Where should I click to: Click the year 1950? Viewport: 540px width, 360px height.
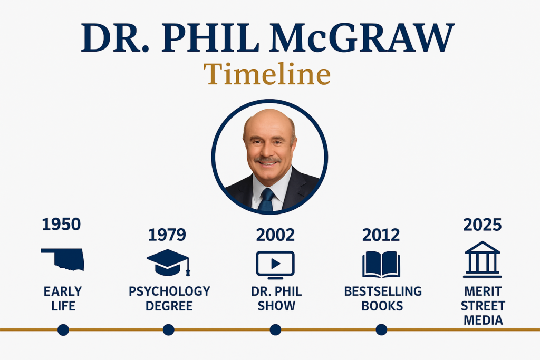click(x=62, y=224)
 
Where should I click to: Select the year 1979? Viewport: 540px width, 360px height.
click(x=167, y=235)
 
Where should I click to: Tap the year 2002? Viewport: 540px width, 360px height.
click(x=275, y=235)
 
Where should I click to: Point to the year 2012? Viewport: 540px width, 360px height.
click(x=381, y=235)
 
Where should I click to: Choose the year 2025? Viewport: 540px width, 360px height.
click(x=482, y=224)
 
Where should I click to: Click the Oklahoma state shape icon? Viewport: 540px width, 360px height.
click(x=62, y=259)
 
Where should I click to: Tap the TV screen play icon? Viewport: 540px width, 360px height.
click(x=275, y=264)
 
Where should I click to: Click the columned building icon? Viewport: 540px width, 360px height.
click(x=482, y=259)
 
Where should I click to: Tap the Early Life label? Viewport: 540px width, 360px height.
click(x=62, y=298)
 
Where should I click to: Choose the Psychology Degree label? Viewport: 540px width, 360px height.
click(x=169, y=298)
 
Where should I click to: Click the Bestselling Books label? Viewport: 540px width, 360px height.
click(x=383, y=298)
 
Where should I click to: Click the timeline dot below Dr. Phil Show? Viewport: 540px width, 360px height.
click(x=275, y=330)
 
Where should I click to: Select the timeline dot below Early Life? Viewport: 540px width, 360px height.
click(x=63, y=330)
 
